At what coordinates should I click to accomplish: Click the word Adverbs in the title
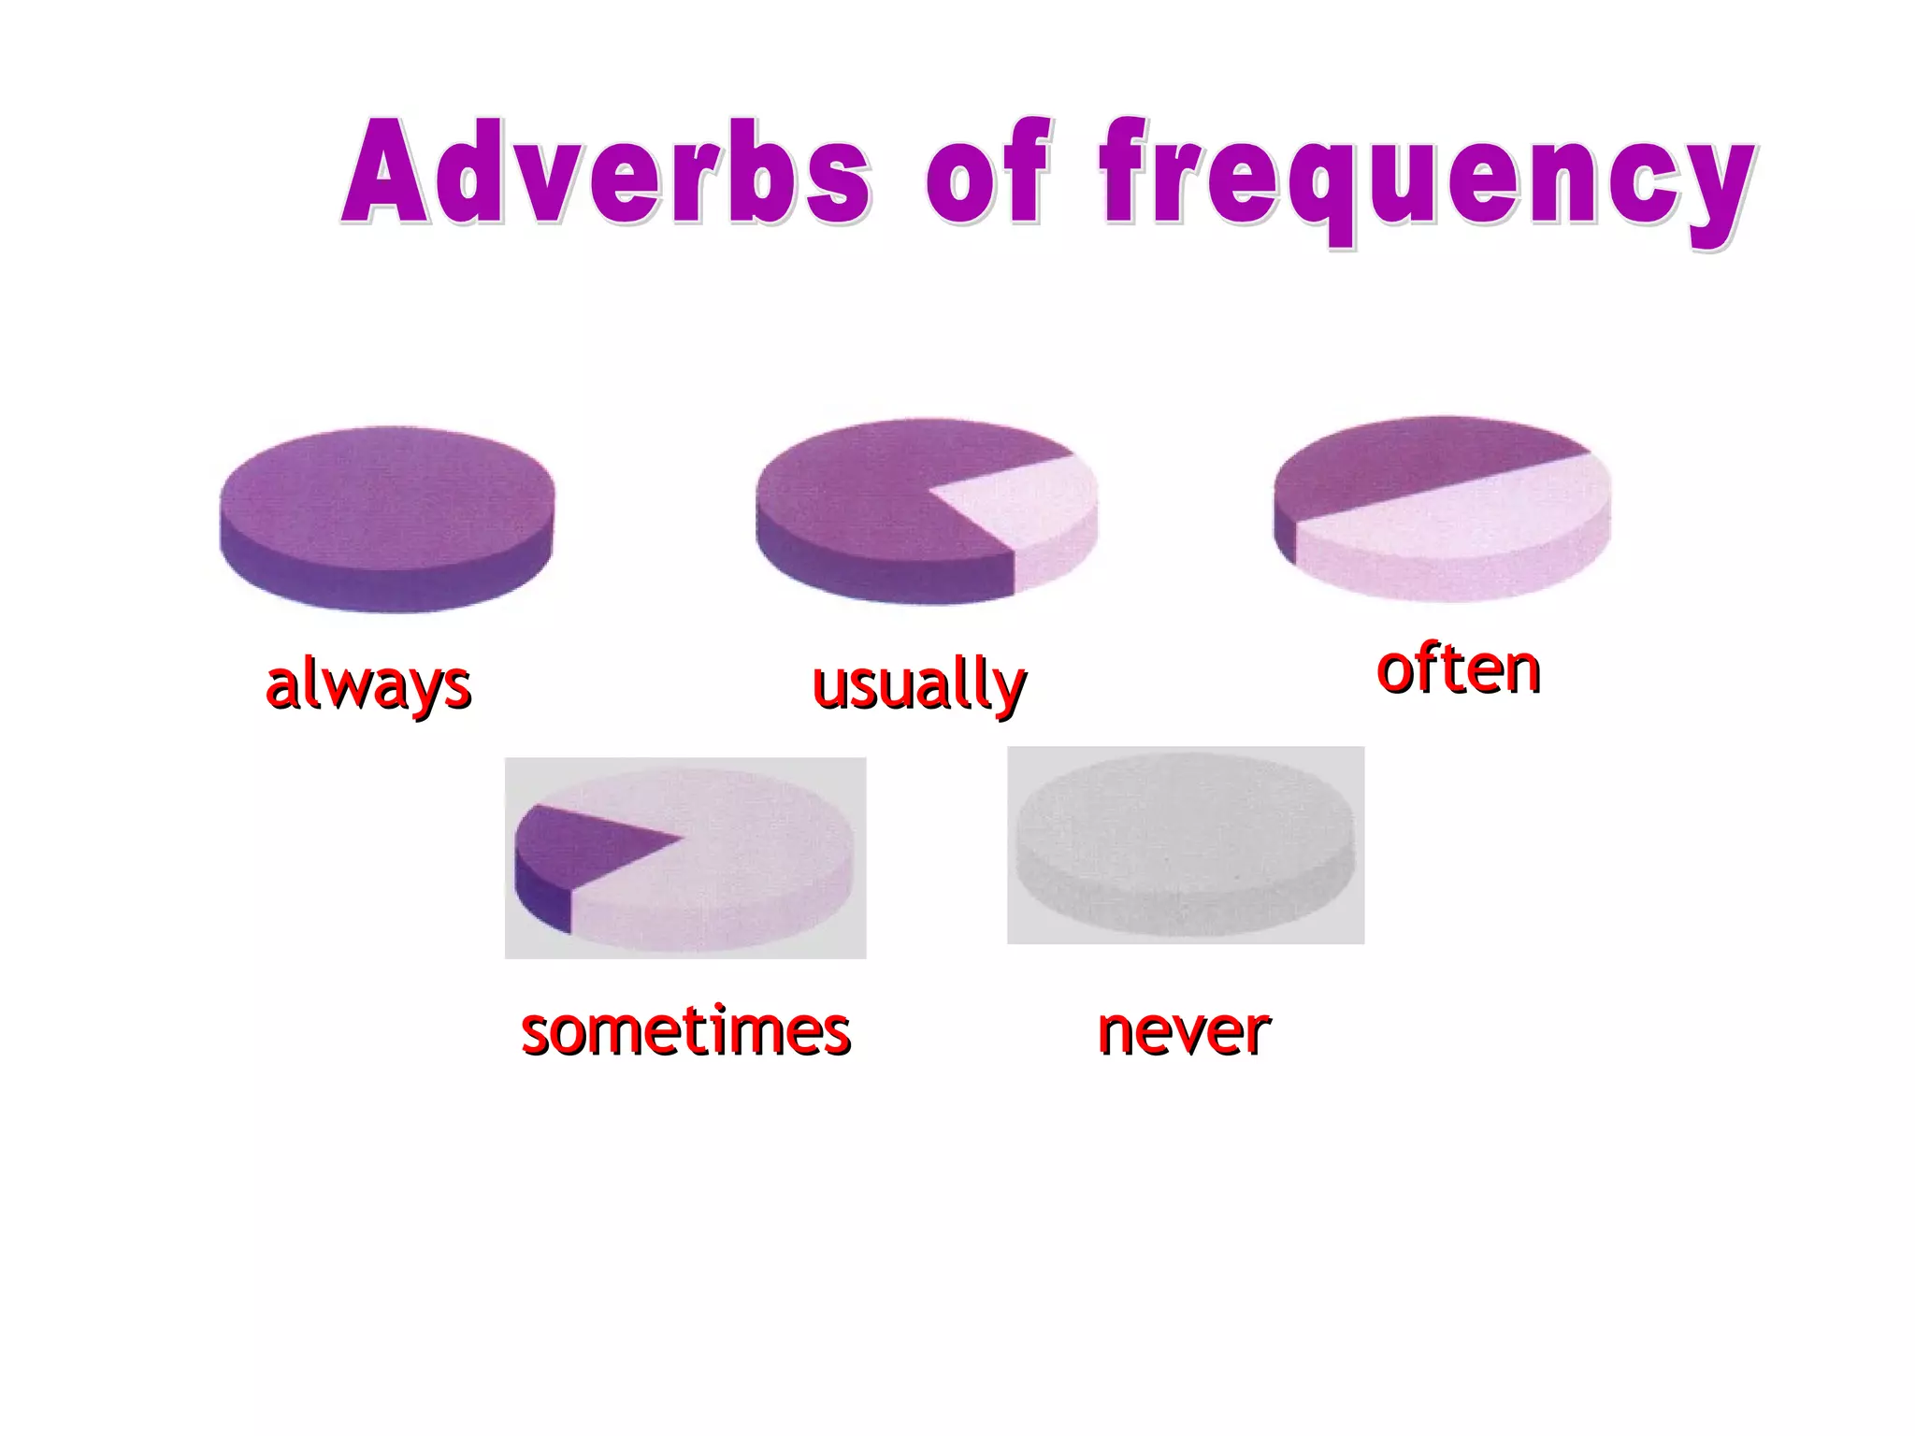(x=608, y=173)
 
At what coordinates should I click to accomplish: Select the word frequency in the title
(x=1426, y=178)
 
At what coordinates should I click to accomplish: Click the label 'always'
(x=368, y=684)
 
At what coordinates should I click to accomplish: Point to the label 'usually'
(x=919, y=684)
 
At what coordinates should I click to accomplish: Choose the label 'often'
(x=1459, y=669)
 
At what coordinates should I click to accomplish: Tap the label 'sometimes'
(x=685, y=1031)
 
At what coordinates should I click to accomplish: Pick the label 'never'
(x=1184, y=1031)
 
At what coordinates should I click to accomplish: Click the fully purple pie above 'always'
(x=386, y=495)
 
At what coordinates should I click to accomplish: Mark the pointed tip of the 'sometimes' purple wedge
(x=679, y=839)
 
